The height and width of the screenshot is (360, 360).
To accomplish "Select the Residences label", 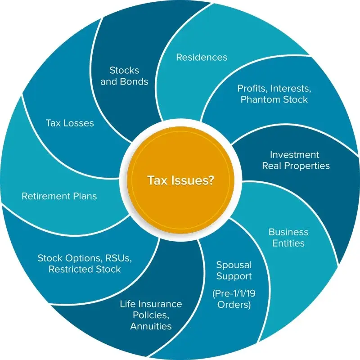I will (x=202, y=57).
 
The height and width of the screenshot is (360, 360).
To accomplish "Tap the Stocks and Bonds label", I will (x=129, y=76).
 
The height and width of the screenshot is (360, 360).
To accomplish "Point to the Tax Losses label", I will (x=70, y=123).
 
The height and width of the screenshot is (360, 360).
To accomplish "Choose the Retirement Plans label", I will (x=59, y=196).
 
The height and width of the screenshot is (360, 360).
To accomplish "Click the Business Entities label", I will (x=288, y=238).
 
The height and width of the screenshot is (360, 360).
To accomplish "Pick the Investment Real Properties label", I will (x=296, y=160).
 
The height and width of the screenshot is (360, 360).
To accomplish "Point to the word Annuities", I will (x=151, y=326).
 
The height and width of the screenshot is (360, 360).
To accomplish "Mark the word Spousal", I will (x=234, y=264).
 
